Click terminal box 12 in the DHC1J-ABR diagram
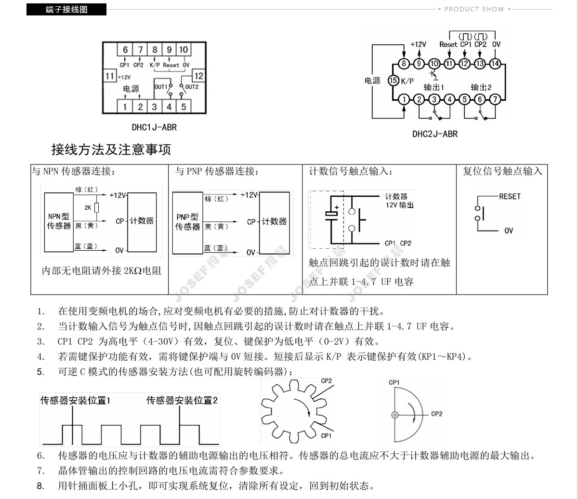coord(198,76)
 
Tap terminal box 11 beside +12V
coord(110,76)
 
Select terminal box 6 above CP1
coord(125,50)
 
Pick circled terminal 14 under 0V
coord(495,63)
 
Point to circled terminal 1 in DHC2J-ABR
coord(404,99)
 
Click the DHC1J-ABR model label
coord(154,128)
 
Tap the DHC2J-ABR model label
coord(435,134)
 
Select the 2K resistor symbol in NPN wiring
coord(96,207)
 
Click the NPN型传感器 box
coord(59,221)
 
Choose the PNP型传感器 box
coord(187,222)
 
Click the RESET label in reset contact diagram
coord(510,196)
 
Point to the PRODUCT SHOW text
coord(474,9)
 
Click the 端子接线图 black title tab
coord(66,9)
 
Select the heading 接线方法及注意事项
coord(111,150)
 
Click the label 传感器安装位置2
coord(182,400)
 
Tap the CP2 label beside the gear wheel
coord(326,381)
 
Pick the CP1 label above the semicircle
coord(394,382)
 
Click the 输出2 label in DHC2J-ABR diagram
coord(481,87)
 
